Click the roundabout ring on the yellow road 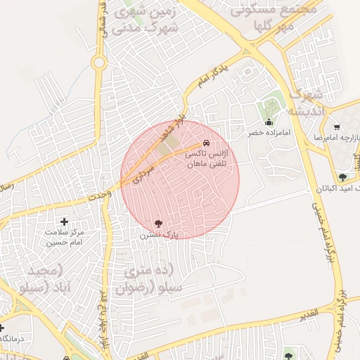tap(98, 63)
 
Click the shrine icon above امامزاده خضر tap(268, 122)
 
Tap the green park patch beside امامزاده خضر tap(271, 109)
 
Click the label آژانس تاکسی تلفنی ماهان tap(210, 158)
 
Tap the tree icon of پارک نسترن tap(158, 223)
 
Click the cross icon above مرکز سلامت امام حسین tap(65, 222)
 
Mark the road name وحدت tap(101, 195)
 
